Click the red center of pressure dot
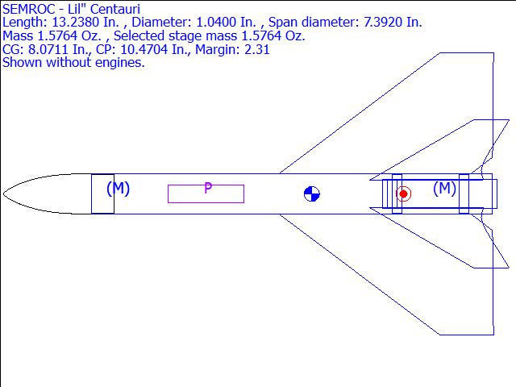click(403, 194)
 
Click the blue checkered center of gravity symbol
click(312, 193)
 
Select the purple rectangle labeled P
click(206, 193)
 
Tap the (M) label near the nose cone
click(119, 188)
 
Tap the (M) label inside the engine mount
click(444, 188)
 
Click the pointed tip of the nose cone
click(3, 193)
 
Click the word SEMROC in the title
click(24, 9)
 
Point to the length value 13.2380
click(75, 23)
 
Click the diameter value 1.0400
click(216, 23)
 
